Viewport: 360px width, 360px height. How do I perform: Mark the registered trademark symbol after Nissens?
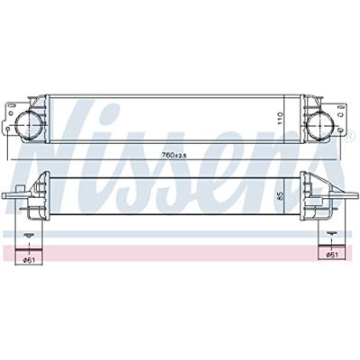click(350, 111)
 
